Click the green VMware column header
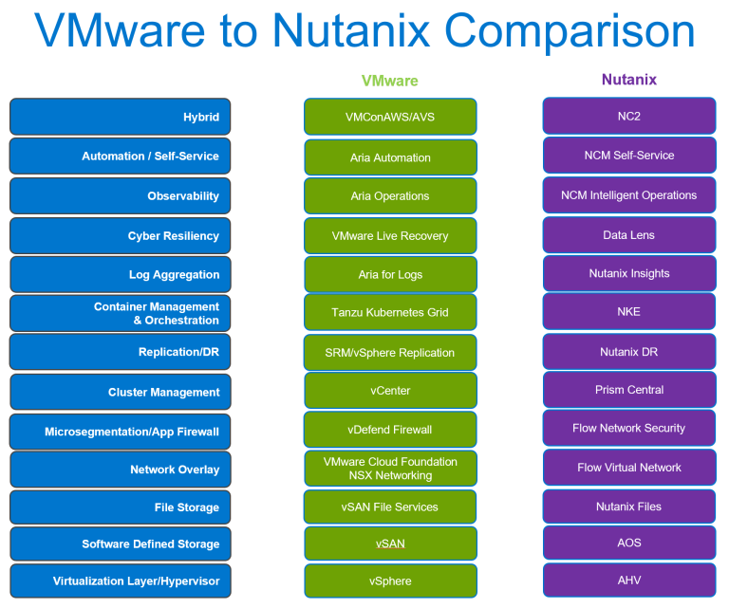point(389,81)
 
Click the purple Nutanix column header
point(628,80)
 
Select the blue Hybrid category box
point(120,117)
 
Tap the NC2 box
point(628,116)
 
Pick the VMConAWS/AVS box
point(390,117)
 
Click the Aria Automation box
point(390,157)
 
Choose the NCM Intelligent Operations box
point(628,195)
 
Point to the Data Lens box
point(628,235)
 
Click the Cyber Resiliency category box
point(120,236)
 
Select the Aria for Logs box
point(390,274)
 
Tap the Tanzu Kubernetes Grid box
point(390,312)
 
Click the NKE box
point(628,311)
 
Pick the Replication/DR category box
point(120,352)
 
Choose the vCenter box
point(390,390)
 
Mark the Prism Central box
point(628,390)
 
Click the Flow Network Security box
point(628,429)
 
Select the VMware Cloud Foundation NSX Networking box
point(390,469)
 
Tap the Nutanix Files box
point(628,507)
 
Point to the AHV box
point(628,580)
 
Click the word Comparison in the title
point(569,33)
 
